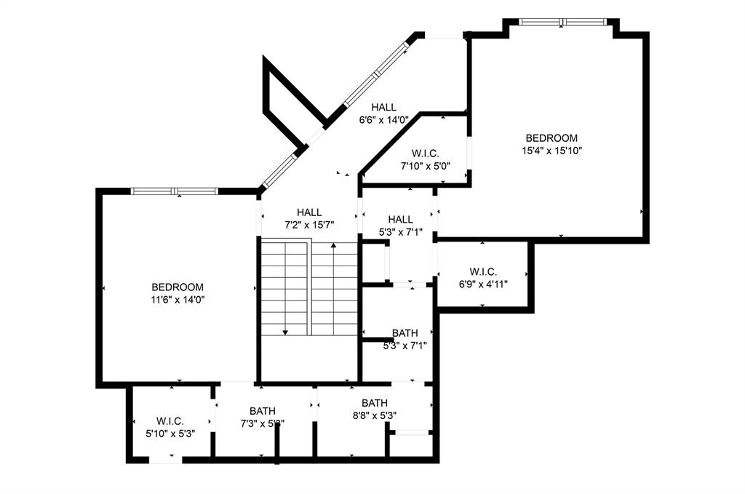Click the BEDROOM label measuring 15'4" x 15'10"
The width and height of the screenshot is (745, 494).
coord(551,138)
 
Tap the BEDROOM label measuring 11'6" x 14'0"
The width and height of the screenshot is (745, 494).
coord(178,287)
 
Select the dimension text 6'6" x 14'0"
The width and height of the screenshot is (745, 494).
coord(384,120)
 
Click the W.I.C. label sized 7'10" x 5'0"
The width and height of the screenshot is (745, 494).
coord(425,153)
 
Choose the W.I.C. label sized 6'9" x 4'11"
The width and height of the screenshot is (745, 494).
coord(483,271)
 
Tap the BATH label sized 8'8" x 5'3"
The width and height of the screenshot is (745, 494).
coord(375,403)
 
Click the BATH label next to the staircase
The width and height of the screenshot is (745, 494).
coord(405,333)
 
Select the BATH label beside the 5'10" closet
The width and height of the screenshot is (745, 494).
coord(263,410)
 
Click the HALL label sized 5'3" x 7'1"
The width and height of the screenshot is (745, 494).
coord(400,219)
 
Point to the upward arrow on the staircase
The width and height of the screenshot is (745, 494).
coord(333,247)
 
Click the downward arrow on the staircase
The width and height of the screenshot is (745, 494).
coord(285,331)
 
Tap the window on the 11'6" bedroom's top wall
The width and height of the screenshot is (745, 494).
coord(175,191)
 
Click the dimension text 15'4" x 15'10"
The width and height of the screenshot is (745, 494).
coord(551,151)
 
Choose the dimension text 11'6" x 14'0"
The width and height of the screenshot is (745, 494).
coord(178,299)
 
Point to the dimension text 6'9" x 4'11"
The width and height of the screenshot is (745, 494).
coord(483,284)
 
